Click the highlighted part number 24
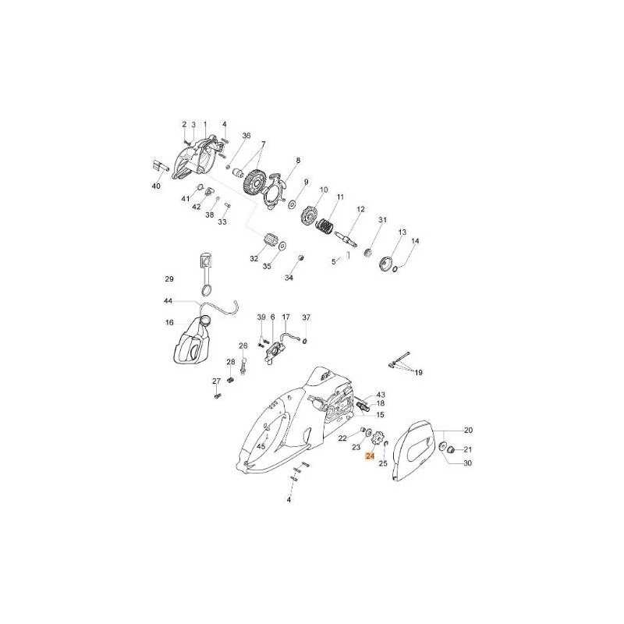coord(370,456)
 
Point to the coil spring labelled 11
coord(326,228)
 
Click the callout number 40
coord(157,186)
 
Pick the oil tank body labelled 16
coord(192,339)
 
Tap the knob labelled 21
coord(452,450)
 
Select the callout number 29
coord(169,279)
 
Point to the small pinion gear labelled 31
coord(367,253)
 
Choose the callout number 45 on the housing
coord(261,446)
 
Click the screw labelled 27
coord(218,396)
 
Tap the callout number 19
coord(418,373)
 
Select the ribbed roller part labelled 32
coord(271,241)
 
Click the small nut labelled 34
coord(301,258)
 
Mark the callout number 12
coord(360,209)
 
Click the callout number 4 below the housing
coord(289,500)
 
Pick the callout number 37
coord(306,317)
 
